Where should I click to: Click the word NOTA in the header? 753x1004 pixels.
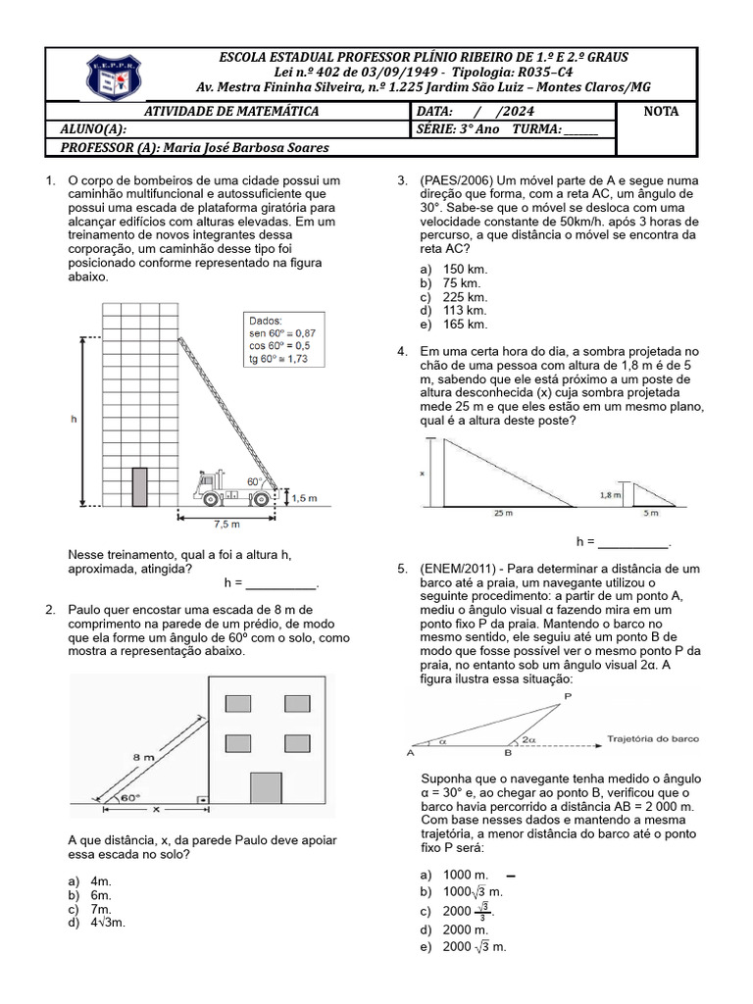[x=660, y=112]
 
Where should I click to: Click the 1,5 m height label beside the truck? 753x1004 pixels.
[x=305, y=498]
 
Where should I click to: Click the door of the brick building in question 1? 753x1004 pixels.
[x=140, y=486]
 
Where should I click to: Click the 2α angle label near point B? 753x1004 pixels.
[x=528, y=741]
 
